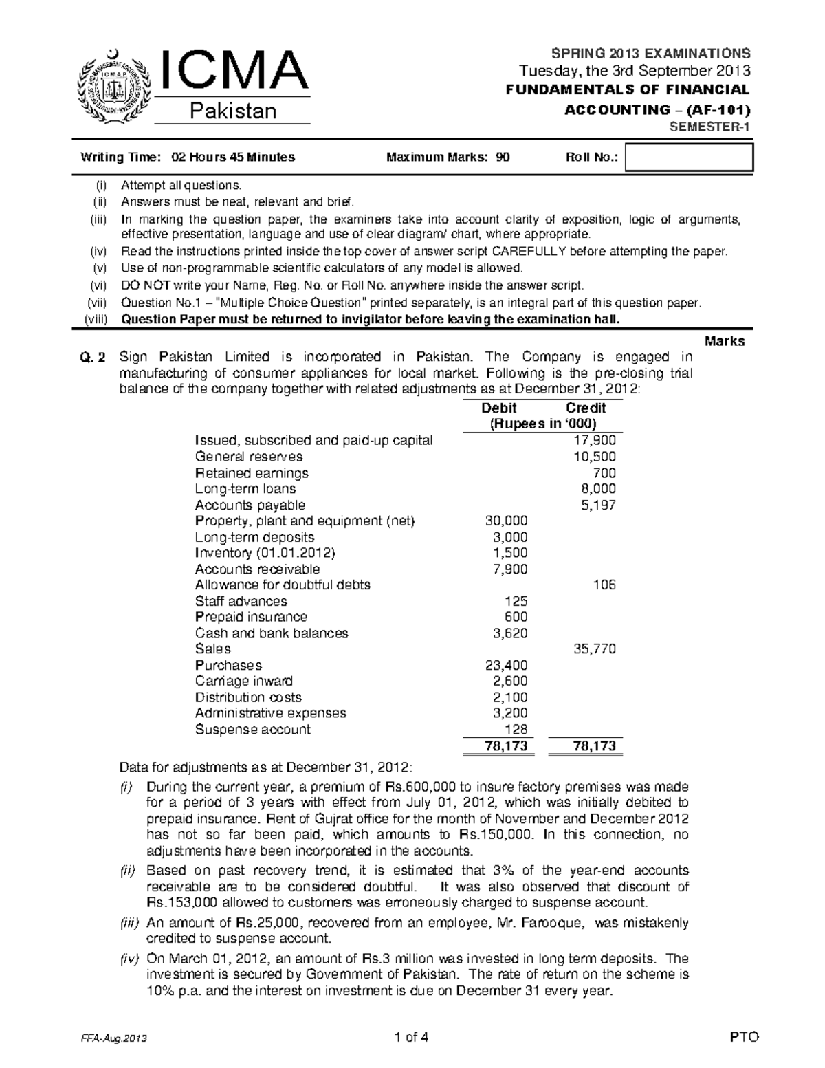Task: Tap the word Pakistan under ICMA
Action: coord(233,111)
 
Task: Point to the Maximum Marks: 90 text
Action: coord(448,157)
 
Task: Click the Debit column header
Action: coord(499,408)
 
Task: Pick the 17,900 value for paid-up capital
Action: coord(595,440)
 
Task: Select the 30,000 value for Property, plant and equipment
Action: coord(507,521)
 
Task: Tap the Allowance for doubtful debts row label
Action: coord(283,585)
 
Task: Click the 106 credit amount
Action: coord(604,585)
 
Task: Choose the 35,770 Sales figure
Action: coord(595,649)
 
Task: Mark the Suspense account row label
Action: coord(252,729)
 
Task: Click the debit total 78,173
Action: coord(507,746)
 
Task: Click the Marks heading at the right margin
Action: coord(725,341)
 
